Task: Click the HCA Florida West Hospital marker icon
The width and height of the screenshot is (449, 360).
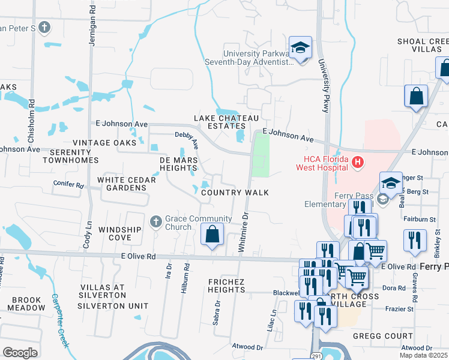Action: click(x=358, y=161)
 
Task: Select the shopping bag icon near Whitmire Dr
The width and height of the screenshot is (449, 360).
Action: click(x=212, y=235)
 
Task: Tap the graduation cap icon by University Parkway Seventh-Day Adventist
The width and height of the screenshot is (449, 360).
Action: click(x=300, y=48)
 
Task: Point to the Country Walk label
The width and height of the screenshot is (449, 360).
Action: click(x=234, y=193)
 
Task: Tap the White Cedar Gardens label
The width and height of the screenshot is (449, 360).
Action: click(x=122, y=184)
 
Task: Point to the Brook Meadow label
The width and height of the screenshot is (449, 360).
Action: click(x=25, y=304)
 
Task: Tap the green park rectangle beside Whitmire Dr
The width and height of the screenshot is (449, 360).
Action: click(x=260, y=155)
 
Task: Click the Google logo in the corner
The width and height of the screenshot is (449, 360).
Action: click(x=20, y=353)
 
